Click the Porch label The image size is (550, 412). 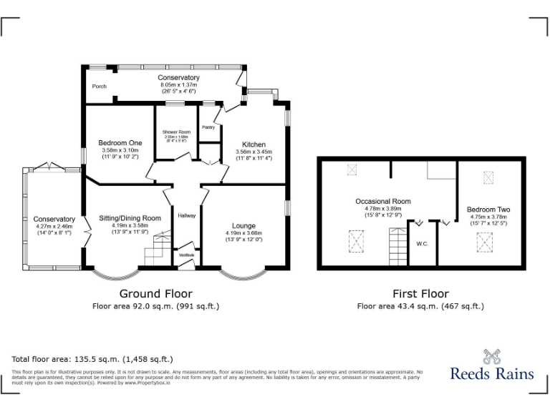(100, 87)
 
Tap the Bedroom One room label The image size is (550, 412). (120, 143)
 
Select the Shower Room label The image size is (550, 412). (176, 132)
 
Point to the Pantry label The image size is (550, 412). (208, 127)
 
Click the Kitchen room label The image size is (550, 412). (254, 144)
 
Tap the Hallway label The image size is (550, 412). (187, 216)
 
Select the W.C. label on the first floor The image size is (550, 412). (422, 244)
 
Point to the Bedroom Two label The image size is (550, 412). (488, 210)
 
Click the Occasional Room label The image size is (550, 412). (383, 202)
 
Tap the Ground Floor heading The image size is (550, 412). (155, 293)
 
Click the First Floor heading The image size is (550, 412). (420, 293)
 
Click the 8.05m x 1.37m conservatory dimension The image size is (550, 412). (178, 85)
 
